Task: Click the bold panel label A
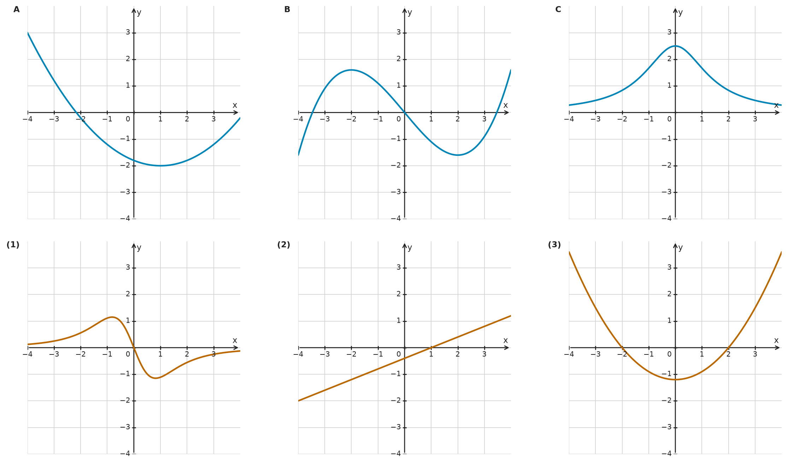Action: tap(17, 10)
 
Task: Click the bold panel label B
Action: tap(287, 10)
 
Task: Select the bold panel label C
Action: tap(558, 10)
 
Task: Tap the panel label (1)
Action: tap(13, 245)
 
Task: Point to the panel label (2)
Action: tap(284, 245)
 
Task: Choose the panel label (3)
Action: tap(554, 245)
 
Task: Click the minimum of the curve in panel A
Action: tap(160, 166)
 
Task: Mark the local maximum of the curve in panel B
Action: tap(351, 70)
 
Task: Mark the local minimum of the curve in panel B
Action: tap(458, 155)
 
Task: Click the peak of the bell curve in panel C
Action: tap(675, 46)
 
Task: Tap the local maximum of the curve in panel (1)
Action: tap(112, 317)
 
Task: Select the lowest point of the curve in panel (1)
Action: tap(155, 378)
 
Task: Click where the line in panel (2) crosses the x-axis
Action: tap(431, 348)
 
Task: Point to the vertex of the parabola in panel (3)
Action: tap(675, 380)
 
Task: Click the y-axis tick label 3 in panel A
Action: tap(128, 33)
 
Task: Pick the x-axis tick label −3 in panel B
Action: tap(325, 119)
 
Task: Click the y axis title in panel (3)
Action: tap(680, 248)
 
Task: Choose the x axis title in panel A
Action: tap(235, 105)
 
